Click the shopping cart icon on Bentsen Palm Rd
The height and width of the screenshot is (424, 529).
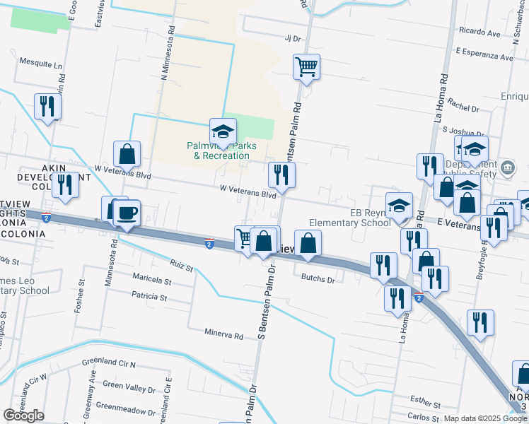tap(306, 68)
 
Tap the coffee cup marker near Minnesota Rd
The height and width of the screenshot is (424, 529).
tap(127, 212)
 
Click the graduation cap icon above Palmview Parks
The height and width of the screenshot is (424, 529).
tap(223, 131)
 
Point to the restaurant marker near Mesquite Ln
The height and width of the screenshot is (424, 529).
tap(47, 107)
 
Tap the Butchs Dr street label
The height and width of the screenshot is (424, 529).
tap(318, 279)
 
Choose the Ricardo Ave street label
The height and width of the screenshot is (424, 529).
tap(479, 33)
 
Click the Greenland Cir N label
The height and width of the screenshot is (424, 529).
tap(108, 363)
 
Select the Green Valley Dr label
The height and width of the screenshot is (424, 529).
tap(129, 389)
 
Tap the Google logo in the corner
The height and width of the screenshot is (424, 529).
tap(24, 416)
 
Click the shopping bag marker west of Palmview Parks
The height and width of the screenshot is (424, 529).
tap(127, 153)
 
